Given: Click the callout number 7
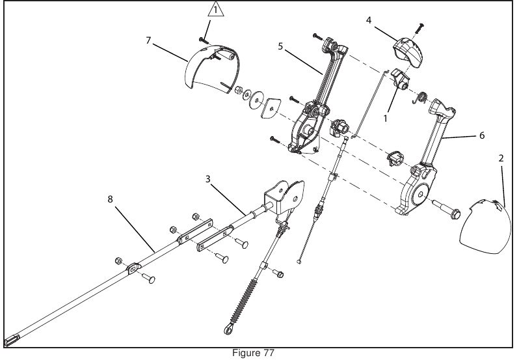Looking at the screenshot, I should [x=148, y=40].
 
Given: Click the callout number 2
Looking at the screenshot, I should [x=502, y=158].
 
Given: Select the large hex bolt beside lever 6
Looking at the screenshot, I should [x=447, y=211].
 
